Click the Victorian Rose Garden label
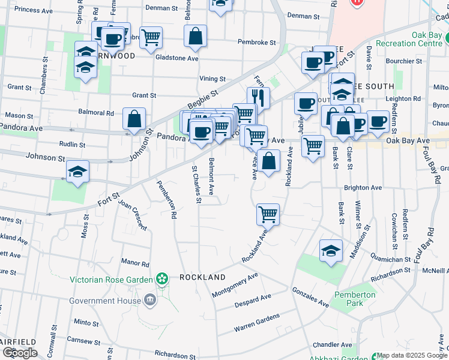point(111,280)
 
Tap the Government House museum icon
point(149,300)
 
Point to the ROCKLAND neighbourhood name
point(202,277)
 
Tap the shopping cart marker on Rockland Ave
point(268,214)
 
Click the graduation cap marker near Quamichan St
point(331,251)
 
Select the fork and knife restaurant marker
point(258,97)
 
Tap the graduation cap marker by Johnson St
point(78,172)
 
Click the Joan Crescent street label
point(133,215)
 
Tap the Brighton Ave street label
point(363,188)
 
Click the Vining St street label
point(212,79)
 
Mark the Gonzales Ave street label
point(310,297)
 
